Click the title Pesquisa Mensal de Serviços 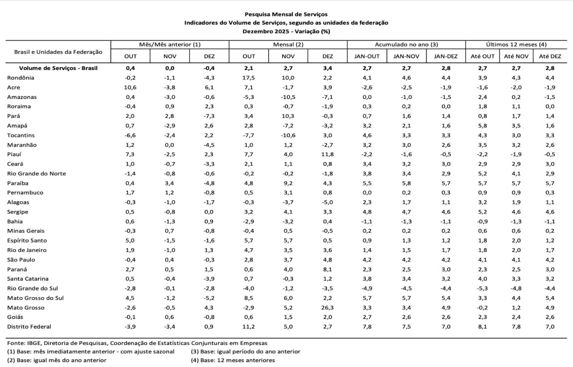point(286,14)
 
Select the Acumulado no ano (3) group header point(406,45)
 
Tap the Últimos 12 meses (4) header point(516,45)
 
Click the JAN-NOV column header point(406,56)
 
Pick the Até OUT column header point(482,56)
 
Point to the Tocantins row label point(21,135)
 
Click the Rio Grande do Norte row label point(37,174)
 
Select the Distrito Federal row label point(29,327)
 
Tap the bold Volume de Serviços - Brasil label point(58,68)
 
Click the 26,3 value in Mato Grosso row point(327,307)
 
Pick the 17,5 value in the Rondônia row point(249,78)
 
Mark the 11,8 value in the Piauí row point(327,154)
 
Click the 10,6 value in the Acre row point(130,87)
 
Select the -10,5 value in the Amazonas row point(288,97)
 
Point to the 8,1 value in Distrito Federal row point(482,327)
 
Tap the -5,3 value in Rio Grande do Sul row point(482,288)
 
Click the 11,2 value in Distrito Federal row point(249,327)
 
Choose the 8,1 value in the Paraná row point(327,269)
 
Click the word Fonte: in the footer point(16,343)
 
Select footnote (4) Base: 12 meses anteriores point(233,360)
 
